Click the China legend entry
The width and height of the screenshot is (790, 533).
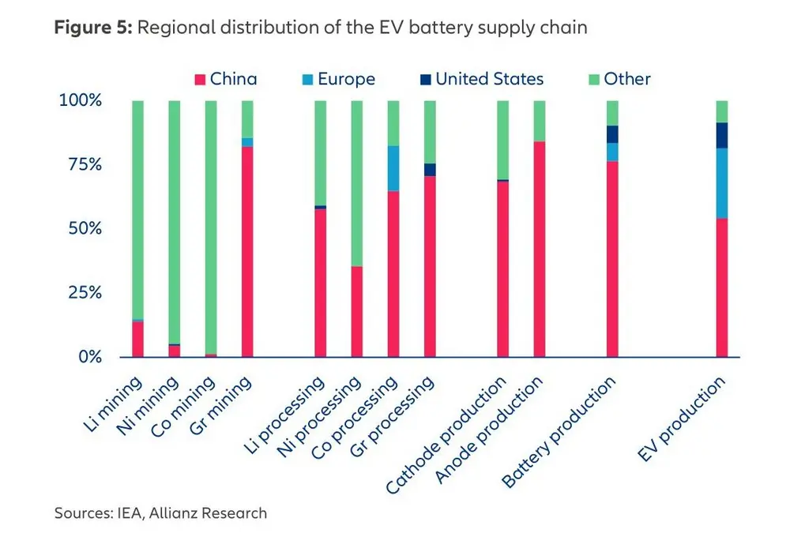tap(226, 79)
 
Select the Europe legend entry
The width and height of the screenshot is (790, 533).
tap(338, 79)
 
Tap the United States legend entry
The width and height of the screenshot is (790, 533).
tap(482, 79)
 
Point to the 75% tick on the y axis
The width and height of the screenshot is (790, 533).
tap(81, 165)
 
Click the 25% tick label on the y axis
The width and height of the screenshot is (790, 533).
tap(81, 293)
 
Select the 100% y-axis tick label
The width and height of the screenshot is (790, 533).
tap(78, 101)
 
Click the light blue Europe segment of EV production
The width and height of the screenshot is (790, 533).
tap(721, 183)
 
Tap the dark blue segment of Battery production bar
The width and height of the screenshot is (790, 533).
tap(612, 134)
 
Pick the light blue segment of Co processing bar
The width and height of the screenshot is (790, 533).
tap(393, 168)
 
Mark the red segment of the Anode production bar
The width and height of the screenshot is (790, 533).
tap(540, 249)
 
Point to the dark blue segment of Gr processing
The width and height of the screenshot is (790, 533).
tap(430, 170)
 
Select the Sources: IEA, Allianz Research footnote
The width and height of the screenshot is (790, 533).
tap(160, 513)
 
